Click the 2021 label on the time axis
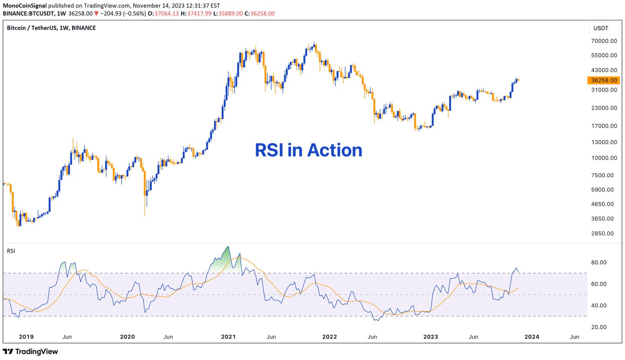click(228, 337)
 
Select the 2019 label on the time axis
click(26, 337)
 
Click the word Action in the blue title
click(334, 150)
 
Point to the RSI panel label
click(10, 251)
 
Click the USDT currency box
click(601, 28)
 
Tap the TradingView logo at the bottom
click(30, 351)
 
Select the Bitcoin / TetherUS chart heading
click(51, 28)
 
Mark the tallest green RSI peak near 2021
click(227, 247)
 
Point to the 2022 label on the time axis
click(329, 337)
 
